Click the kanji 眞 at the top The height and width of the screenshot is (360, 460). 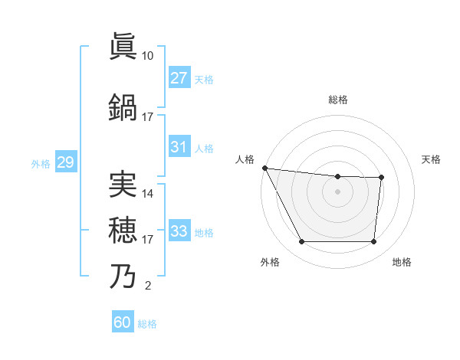pos(123,46)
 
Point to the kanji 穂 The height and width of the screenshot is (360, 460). pos(123,230)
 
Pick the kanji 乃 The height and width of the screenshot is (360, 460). pos(123,276)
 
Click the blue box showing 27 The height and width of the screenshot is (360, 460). pos(179,77)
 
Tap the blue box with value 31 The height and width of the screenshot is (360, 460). pos(179,147)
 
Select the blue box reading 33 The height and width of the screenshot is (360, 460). pos(179,231)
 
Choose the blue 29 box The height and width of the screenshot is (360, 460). pos(65,162)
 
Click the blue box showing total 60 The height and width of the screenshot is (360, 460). pos(123,322)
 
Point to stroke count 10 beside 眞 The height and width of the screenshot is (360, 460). pos(147,56)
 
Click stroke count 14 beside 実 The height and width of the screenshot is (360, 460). pos(148,194)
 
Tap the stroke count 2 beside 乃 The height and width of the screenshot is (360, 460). pos(147,286)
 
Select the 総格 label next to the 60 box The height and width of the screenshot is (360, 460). pos(148,324)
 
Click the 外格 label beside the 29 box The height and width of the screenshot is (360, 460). pos(41,163)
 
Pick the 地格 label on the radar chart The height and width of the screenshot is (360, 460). pos(402,262)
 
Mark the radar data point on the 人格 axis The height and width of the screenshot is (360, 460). pos(264,168)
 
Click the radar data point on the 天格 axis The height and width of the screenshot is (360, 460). pos(381,178)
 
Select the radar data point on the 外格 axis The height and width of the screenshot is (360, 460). pos(301,242)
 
